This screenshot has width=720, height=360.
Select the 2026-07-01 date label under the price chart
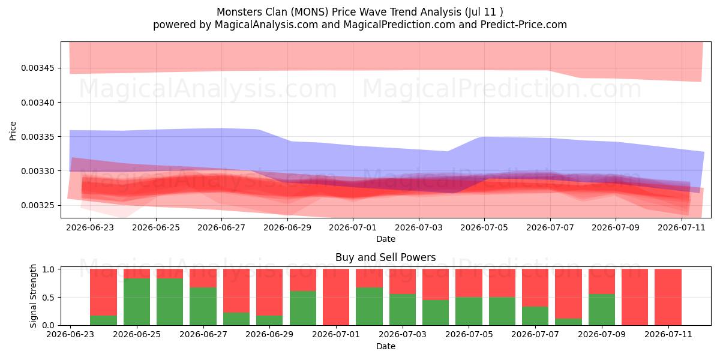[x=353, y=227]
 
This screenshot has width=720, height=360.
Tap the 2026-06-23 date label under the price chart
[x=90, y=227]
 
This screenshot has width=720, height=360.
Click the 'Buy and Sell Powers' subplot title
[x=385, y=257]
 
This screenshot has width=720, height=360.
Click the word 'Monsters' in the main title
[x=236, y=12]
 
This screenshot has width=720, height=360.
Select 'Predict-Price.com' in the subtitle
[x=524, y=25]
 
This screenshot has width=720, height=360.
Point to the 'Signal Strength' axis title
[x=33, y=296]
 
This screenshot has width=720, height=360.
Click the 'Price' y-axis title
[x=13, y=131]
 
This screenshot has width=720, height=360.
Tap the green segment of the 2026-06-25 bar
[x=137, y=302]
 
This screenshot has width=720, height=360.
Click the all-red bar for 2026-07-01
[x=336, y=297]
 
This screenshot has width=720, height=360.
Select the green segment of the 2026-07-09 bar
[x=602, y=310]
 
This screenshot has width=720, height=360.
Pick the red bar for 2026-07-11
[x=668, y=297]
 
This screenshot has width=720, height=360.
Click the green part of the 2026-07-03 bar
[x=403, y=310]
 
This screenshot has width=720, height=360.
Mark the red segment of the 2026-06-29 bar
[x=269, y=292]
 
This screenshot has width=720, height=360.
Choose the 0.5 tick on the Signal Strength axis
[x=49, y=298]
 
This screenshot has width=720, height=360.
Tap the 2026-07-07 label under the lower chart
[x=535, y=335]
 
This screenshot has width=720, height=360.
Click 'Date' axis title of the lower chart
[x=385, y=347]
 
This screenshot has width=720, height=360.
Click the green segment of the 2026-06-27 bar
[x=203, y=307]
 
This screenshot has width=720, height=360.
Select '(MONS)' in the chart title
[x=310, y=12]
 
